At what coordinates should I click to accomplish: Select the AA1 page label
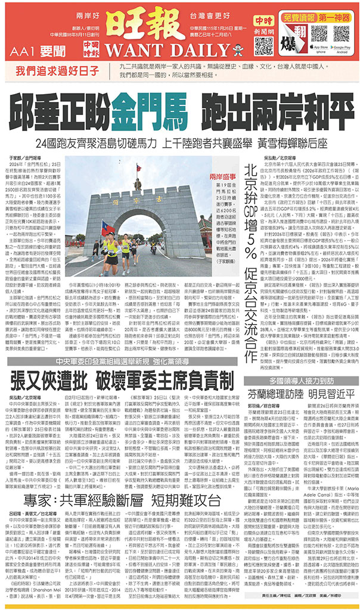24,50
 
